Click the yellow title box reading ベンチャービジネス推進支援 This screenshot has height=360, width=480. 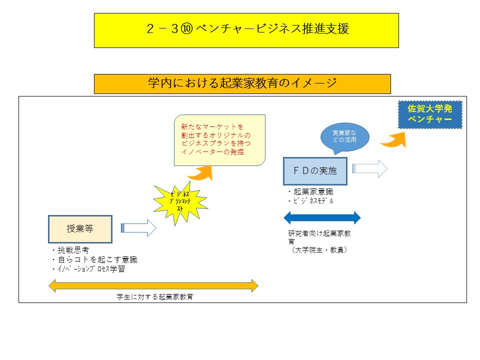tap(246, 30)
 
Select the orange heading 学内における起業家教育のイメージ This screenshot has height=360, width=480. tap(242, 83)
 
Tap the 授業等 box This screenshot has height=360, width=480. tap(80, 228)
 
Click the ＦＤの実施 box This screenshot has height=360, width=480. tap(315, 171)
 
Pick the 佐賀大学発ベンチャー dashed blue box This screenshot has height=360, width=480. tap(429, 114)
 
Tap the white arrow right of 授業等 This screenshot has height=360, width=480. tap(139, 228)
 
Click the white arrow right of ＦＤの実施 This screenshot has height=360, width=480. tap(370, 168)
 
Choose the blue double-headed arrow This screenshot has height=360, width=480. tap(322, 217)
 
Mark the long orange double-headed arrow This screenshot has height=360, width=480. tap(153, 286)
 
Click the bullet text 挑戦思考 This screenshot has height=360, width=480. tap(73, 250)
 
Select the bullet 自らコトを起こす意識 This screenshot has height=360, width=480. tap(94, 259)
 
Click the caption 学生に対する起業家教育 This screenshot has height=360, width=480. tap(155, 297)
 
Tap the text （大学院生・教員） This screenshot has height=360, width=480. tap(319, 249)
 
